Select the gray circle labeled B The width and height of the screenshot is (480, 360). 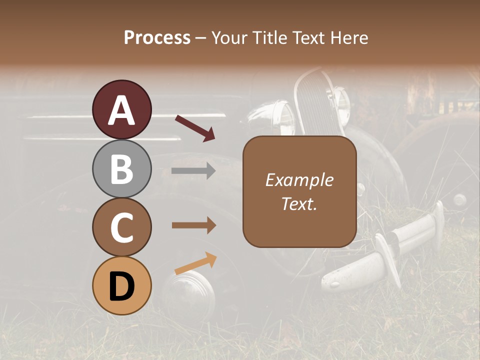point(122,168)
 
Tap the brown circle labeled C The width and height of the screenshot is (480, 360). point(122,227)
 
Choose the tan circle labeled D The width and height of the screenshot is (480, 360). point(122,285)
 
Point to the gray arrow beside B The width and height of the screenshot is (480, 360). point(193,171)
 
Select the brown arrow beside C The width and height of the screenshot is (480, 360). point(193,225)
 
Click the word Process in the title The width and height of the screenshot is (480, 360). point(157,37)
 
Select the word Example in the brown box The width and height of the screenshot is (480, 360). point(299,180)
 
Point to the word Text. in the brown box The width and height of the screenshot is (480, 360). point(299,204)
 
